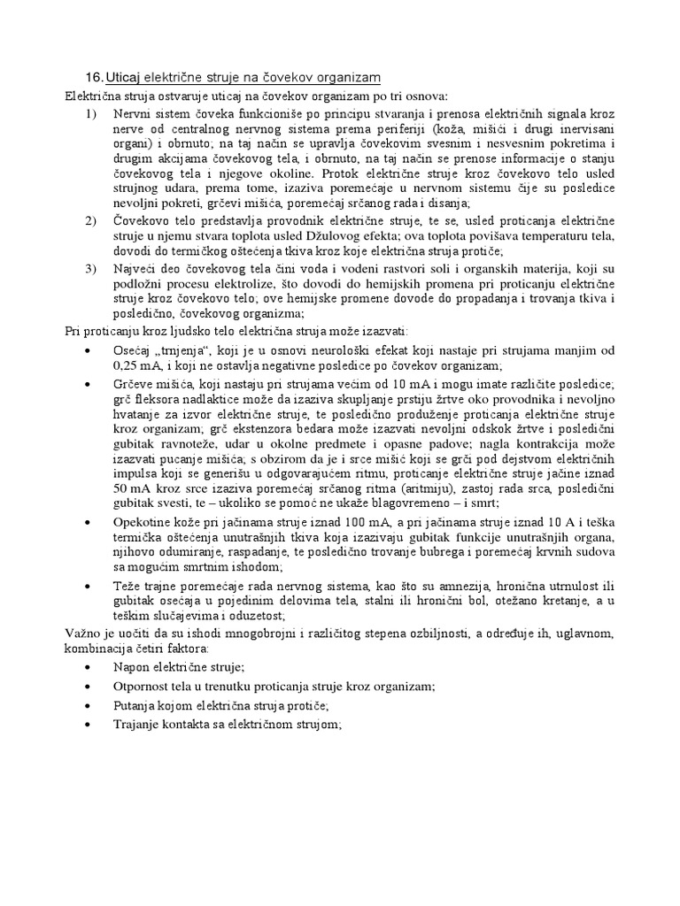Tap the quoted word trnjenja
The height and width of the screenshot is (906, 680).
[183, 350]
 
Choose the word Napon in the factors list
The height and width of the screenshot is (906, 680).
[132, 665]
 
